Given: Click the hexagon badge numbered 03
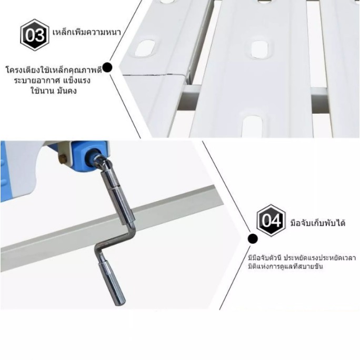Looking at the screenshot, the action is click(34, 35).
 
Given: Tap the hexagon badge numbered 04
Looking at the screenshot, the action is click(271, 221).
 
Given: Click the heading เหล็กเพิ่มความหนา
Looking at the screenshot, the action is click(86, 32).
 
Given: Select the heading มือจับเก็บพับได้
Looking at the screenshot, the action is click(318, 223).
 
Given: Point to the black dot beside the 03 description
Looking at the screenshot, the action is click(107, 68).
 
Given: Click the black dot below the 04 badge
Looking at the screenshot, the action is click(253, 239).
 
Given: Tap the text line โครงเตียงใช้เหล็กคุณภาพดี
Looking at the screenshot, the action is click(54, 70).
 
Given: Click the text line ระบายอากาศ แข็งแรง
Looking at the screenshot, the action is click(52, 81).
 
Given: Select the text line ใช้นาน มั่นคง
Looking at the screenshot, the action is click(54, 91).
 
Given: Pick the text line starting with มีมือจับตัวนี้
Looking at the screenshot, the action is click(302, 257).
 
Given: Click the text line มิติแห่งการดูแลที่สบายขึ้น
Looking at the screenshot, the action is click(285, 267).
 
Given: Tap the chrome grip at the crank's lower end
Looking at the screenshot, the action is click(112, 284).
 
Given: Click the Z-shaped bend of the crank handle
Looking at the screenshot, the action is click(114, 242).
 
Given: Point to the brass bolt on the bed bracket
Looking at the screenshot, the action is click(63, 158).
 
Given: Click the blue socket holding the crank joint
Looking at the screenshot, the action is click(93, 156).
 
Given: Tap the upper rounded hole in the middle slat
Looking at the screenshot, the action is click(259, 49).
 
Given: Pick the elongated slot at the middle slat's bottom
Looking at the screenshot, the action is click(252, 126).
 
